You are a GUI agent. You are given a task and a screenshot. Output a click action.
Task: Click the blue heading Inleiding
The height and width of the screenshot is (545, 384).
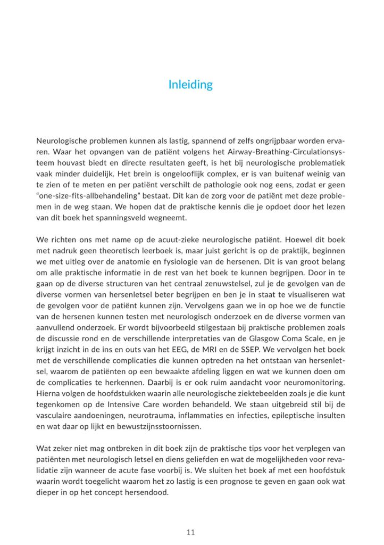[191, 85]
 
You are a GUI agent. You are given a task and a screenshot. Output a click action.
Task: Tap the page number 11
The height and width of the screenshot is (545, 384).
[191, 532]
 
